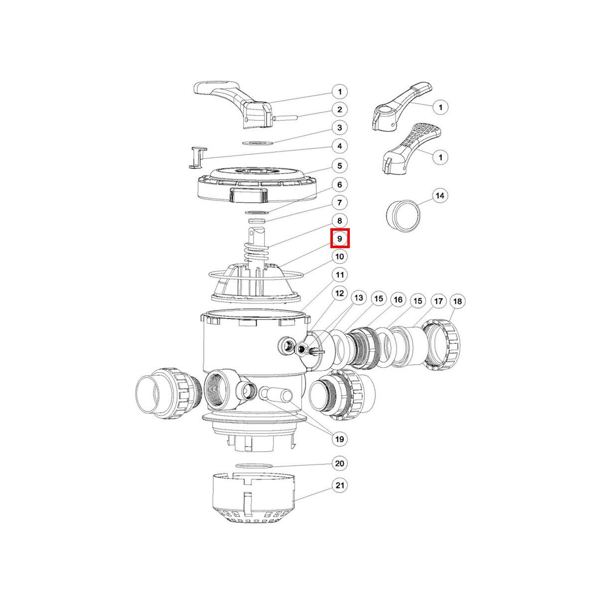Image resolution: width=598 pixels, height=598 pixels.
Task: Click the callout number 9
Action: (x=340, y=239)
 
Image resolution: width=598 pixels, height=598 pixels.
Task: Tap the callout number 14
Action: (x=440, y=196)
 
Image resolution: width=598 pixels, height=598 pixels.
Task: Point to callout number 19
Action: (x=340, y=439)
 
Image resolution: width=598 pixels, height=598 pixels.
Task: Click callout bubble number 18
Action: (x=458, y=301)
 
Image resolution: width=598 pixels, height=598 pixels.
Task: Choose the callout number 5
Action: (x=340, y=166)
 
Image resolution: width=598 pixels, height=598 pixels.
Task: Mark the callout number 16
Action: (x=398, y=299)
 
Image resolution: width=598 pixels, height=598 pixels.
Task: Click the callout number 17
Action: (x=438, y=300)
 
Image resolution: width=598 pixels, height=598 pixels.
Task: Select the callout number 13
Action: (x=358, y=298)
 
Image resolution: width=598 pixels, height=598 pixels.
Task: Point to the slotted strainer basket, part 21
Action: (x=254, y=503)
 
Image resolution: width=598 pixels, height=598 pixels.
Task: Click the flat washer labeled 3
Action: (x=257, y=144)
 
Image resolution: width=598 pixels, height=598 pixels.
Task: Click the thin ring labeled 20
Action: (x=254, y=474)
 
